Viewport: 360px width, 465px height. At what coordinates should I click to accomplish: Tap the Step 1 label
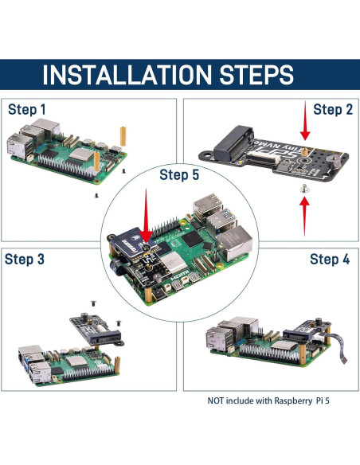(x=27, y=109)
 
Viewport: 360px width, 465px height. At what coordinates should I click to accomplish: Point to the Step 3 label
(x=27, y=260)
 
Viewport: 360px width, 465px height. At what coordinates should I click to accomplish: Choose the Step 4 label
(x=329, y=260)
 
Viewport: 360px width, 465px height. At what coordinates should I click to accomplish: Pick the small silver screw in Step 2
(x=304, y=188)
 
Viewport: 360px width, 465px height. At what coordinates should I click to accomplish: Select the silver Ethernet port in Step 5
(x=237, y=238)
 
